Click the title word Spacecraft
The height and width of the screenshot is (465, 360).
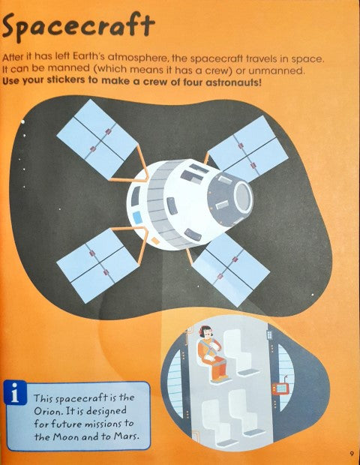78,27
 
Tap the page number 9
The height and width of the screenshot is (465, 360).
352,454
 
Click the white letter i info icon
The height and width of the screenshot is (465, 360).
15,393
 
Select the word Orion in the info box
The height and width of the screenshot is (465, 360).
46,411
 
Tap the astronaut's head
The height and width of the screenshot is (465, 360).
206,331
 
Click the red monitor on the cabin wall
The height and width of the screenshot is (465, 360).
280,388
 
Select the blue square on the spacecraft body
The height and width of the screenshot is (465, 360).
136,217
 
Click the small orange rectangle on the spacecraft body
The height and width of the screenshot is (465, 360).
154,240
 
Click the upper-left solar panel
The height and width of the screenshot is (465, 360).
97,139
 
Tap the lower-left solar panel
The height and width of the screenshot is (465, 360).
97,265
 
